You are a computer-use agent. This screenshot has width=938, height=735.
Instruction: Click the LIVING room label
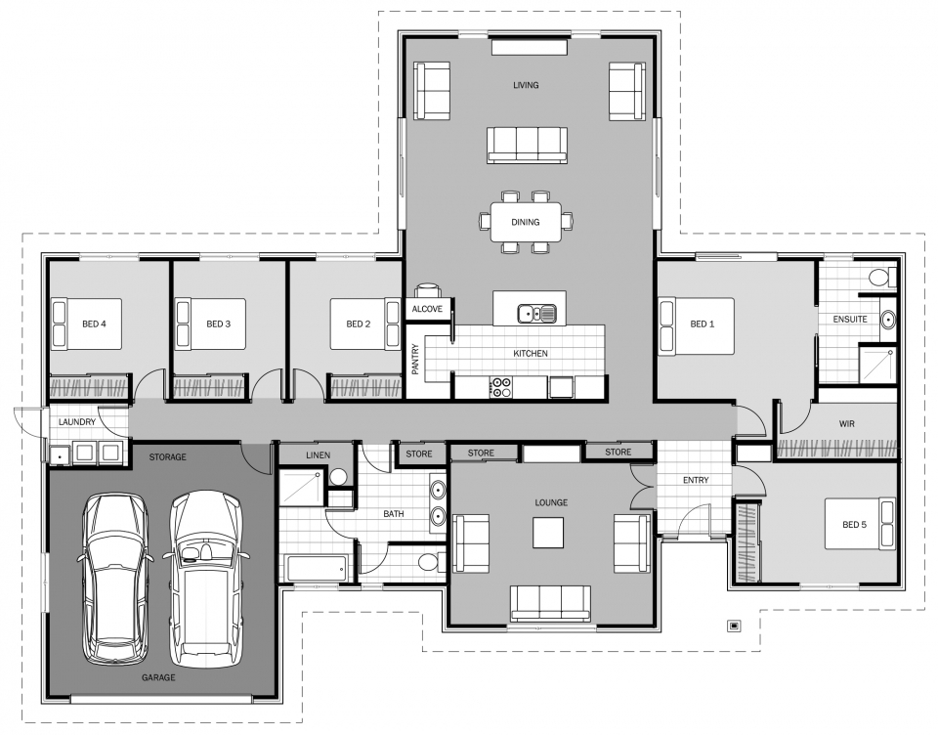(526, 86)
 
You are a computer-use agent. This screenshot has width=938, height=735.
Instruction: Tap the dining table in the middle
(526, 222)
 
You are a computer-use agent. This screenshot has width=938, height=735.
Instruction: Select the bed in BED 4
(87, 324)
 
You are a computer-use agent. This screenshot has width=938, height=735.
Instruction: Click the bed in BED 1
(698, 325)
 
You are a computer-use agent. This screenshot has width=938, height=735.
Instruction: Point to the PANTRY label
(415, 357)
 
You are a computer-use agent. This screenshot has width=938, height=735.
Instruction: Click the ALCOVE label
(427, 310)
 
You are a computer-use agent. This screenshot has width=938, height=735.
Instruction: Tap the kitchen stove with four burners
(500, 387)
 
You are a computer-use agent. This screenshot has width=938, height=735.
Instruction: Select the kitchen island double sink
(536, 314)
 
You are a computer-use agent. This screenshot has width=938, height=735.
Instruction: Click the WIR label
(847, 425)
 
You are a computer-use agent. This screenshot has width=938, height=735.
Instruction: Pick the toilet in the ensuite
(878, 278)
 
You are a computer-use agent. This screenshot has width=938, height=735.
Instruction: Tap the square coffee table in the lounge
(548, 533)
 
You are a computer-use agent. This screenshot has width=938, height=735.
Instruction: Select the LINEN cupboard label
(318, 455)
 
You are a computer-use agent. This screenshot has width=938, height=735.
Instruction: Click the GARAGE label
(158, 677)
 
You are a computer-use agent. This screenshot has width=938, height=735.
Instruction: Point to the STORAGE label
(167, 456)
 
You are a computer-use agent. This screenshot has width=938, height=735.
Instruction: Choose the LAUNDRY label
(77, 422)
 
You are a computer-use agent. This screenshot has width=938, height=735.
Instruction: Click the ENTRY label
(696, 480)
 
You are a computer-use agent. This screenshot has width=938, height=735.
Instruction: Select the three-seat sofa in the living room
(527, 144)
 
